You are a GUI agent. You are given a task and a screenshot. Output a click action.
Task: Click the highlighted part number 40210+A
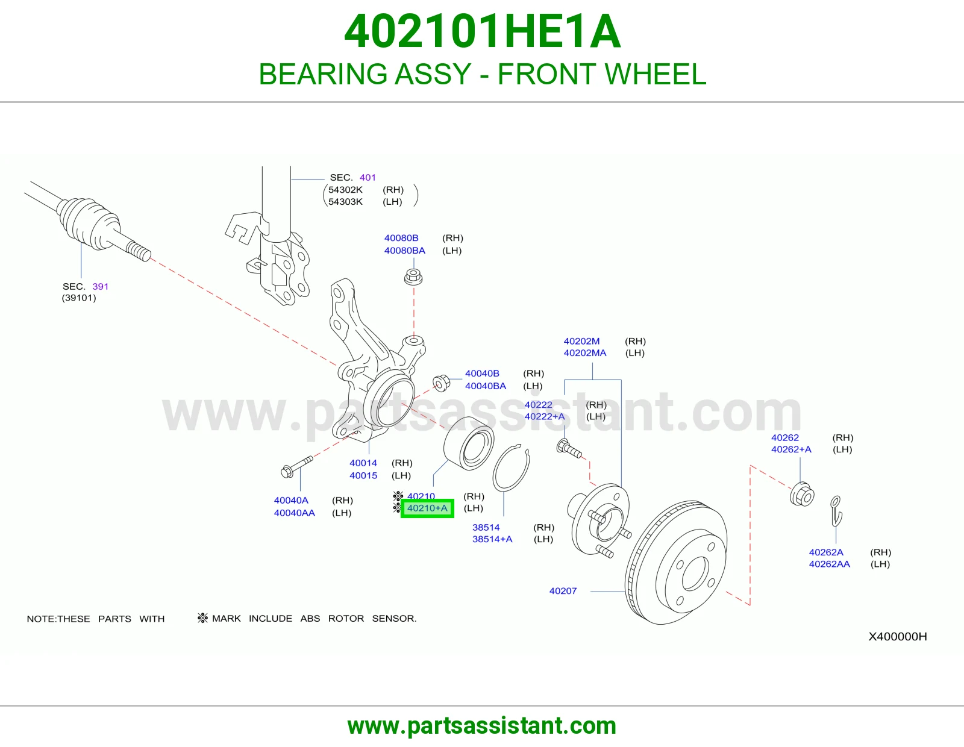[x=427, y=508]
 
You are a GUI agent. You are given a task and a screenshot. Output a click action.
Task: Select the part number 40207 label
[x=563, y=591]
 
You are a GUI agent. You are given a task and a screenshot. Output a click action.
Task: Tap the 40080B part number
[x=401, y=238]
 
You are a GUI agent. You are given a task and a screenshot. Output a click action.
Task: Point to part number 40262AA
[x=829, y=564]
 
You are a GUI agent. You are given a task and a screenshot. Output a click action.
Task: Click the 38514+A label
[x=492, y=539]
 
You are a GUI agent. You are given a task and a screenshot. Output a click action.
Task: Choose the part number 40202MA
[x=584, y=352]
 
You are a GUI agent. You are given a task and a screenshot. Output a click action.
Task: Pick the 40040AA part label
[x=294, y=513]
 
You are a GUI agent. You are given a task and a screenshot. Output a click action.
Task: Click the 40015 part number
[x=363, y=475]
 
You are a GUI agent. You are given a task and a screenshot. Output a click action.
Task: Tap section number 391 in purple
[x=100, y=287]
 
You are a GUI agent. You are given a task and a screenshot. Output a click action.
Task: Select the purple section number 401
[x=368, y=178]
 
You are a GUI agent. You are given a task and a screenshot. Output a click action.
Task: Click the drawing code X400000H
[x=898, y=637]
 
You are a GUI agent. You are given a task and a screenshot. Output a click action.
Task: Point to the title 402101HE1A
[x=482, y=31]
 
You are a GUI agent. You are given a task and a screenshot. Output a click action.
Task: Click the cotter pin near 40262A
[x=836, y=511]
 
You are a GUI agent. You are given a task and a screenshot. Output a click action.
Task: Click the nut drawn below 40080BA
[x=413, y=277]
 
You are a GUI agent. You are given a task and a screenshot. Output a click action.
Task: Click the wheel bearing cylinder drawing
[x=469, y=443]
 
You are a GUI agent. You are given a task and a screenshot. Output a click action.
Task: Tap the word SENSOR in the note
[x=394, y=618]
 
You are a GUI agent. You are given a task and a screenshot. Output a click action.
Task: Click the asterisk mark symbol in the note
[x=202, y=617]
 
